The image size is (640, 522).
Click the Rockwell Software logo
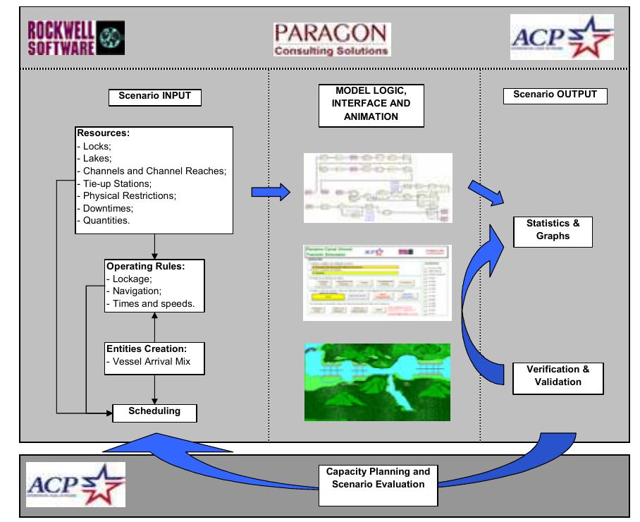pyautogui.click(x=75, y=37)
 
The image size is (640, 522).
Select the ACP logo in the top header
pyautogui.click(x=562, y=37)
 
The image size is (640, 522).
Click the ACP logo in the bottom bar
pyautogui.click(x=76, y=484)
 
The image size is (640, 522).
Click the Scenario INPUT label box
pyautogui.click(x=154, y=97)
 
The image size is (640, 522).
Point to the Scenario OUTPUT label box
pyautogui.click(x=555, y=95)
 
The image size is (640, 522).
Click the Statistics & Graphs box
pyautogui.click(x=553, y=230)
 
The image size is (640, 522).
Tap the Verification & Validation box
pyautogui.click(x=558, y=376)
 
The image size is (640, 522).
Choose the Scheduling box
pyautogui.click(x=154, y=411)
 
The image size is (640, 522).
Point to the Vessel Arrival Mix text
pyautogui.click(x=149, y=361)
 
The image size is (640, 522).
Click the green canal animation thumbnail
pyautogui.click(x=377, y=382)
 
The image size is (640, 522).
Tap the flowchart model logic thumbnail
pyautogui.click(x=377, y=188)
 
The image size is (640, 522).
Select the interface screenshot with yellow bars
pyautogui.click(x=377, y=282)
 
